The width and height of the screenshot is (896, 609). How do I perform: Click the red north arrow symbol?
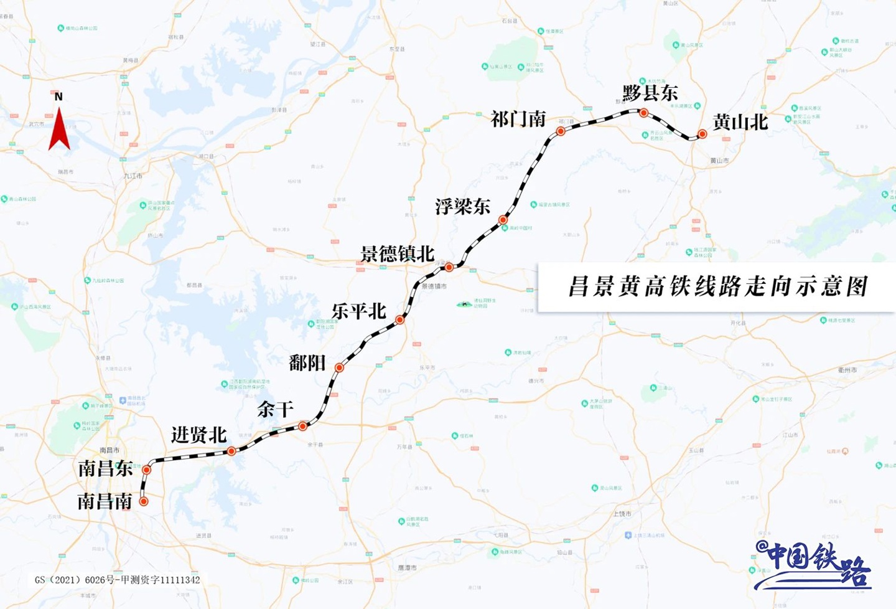pyautogui.click(x=59, y=130)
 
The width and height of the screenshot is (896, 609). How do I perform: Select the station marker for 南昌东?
pyautogui.click(x=147, y=470)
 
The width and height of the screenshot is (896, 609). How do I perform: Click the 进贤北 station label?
pyautogui.click(x=198, y=435)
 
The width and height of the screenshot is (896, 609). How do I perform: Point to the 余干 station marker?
pyautogui.click(x=303, y=426)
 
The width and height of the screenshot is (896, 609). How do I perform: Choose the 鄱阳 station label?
pyautogui.click(x=307, y=362)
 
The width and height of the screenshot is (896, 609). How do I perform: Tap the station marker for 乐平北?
pyautogui.click(x=400, y=319)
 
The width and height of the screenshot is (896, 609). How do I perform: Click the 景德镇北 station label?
pyautogui.click(x=397, y=254)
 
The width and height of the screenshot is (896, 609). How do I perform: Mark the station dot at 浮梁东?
pyautogui.click(x=503, y=220)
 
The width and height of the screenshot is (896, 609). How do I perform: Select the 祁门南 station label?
pyautogui.click(x=518, y=119)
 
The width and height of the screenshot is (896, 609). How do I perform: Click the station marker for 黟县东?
pyautogui.click(x=644, y=113)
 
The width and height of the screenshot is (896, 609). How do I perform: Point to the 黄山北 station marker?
pyautogui.click(x=702, y=134)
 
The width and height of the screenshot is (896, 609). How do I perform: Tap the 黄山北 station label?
pyautogui.click(x=740, y=122)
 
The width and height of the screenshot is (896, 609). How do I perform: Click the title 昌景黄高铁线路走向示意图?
pyautogui.click(x=717, y=287)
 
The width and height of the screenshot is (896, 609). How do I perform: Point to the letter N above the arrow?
pyautogui.click(x=58, y=97)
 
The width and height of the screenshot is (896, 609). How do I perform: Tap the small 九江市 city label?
pyautogui.click(x=133, y=176)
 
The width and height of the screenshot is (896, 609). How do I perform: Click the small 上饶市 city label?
pyautogui.click(x=622, y=514)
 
